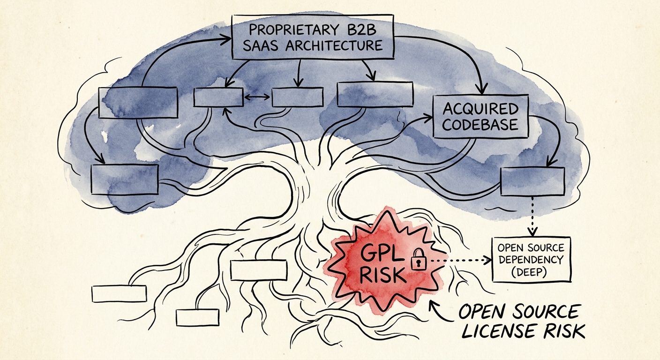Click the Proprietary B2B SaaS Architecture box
[x=313, y=37]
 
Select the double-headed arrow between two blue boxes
[x=257, y=97]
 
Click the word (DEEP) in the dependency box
[x=531, y=271]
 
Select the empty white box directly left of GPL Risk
[x=258, y=270]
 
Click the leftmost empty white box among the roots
[x=119, y=294]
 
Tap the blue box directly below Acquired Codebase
[x=532, y=181]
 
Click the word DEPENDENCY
[x=532, y=259]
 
